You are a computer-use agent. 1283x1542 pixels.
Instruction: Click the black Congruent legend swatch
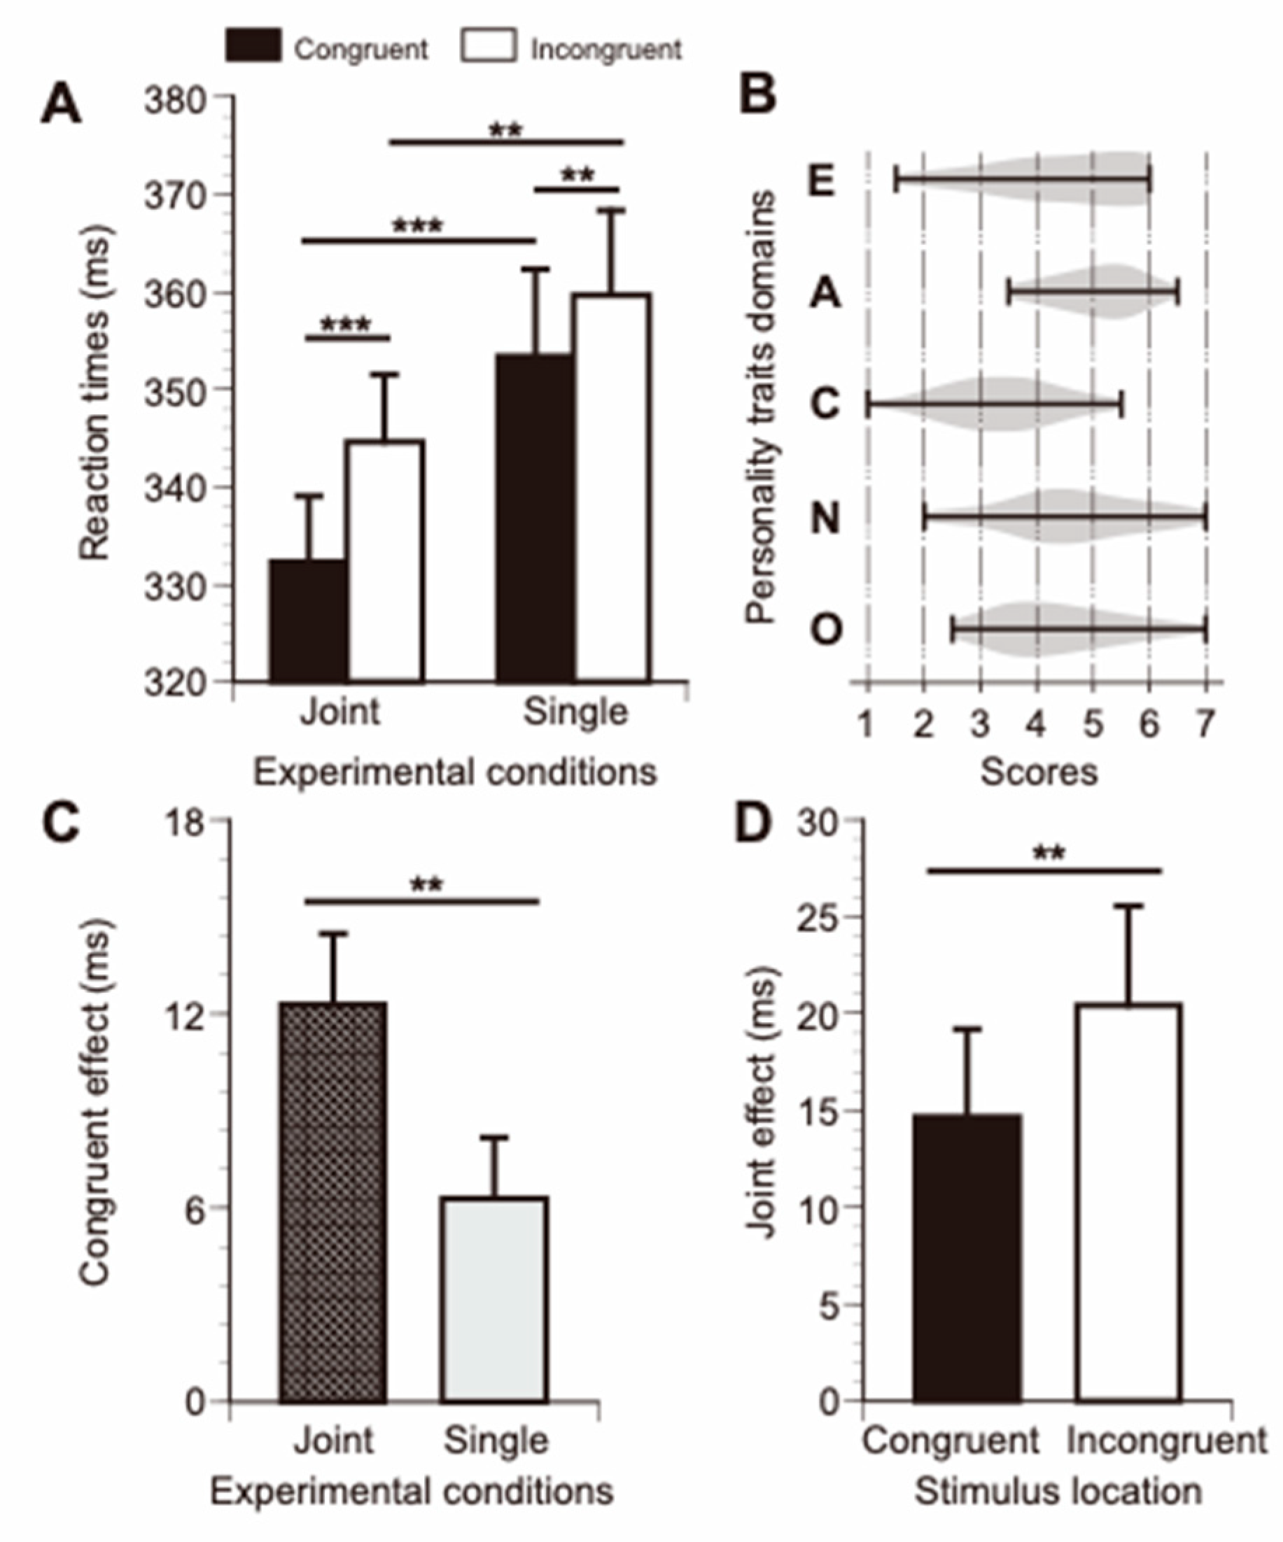253,45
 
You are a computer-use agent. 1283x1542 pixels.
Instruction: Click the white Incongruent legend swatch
489,45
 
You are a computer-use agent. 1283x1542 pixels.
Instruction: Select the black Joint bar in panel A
309,621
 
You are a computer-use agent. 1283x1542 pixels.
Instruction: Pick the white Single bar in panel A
612,488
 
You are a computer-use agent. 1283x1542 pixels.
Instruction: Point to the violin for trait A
1094,292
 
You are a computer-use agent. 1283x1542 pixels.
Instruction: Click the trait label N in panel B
825,518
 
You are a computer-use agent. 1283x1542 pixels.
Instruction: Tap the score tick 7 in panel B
1205,725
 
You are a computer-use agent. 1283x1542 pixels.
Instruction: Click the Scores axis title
1039,772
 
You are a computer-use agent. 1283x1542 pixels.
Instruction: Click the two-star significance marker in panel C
427,885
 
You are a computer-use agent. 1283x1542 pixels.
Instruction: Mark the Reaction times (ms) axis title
95,392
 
